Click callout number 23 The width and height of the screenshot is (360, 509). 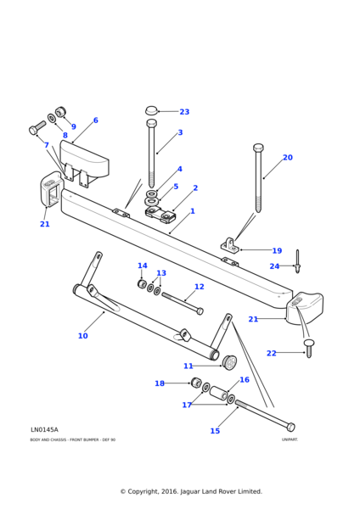[x=184, y=112]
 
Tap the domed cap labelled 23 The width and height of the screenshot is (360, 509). [x=152, y=110]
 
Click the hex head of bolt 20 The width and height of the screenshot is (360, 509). [x=258, y=148]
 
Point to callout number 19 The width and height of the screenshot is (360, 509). [x=277, y=251]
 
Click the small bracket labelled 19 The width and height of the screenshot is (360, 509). [x=229, y=247]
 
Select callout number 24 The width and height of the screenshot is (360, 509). [x=274, y=266]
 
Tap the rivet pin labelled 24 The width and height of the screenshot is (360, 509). [x=297, y=262]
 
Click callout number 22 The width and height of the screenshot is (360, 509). [x=271, y=353]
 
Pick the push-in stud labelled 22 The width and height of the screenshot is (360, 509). [x=308, y=347]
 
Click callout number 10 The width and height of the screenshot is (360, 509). [x=82, y=336]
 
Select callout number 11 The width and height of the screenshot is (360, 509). [x=188, y=366]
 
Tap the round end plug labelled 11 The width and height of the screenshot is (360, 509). [x=228, y=362]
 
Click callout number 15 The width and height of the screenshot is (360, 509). [x=215, y=431]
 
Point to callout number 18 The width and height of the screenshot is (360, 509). [x=159, y=383]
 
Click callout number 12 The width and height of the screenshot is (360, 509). [x=199, y=287]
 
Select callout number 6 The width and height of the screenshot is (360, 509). [x=95, y=120]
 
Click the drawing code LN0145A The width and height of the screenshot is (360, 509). [x=44, y=430]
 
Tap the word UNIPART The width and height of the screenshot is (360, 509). [x=290, y=439]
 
